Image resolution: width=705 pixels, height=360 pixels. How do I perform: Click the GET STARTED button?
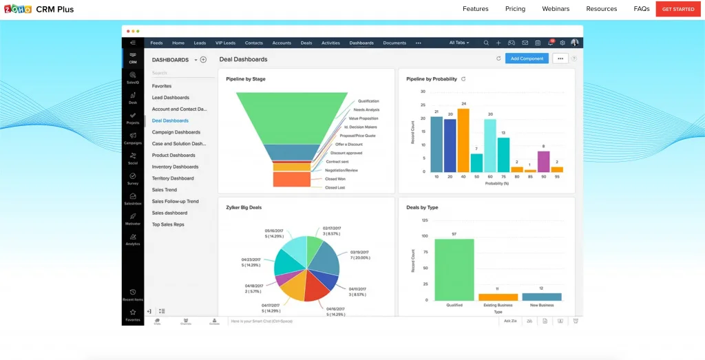[x=677, y=9]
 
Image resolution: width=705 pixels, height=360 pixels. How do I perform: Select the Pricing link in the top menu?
[x=515, y=9]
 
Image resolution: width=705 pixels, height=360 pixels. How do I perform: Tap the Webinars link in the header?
[x=556, y=9]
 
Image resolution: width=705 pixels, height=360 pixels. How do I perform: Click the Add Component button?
[x=527, y=59]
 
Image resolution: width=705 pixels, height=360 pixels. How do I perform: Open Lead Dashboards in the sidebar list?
[x=171, y=98]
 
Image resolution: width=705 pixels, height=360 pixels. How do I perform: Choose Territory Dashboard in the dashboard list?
[x=173, y=178]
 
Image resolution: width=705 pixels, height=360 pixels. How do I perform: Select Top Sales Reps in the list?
[x=168, y=224]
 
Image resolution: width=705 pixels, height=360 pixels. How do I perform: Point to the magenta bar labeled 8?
[x=543, y=161]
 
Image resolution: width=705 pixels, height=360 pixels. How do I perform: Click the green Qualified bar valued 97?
[x=454, y=269]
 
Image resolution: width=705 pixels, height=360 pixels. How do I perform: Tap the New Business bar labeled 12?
[x=541, y=297]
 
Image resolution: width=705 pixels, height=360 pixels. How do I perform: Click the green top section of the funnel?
[x=292, y=117]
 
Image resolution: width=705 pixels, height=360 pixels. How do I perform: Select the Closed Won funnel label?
[x=335, y=179]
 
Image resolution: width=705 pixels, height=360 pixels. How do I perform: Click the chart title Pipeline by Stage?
[x=246, y=79]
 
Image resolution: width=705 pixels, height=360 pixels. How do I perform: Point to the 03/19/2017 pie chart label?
[x=360, y=252]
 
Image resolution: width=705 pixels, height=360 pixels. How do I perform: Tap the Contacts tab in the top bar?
[x=254, y=43]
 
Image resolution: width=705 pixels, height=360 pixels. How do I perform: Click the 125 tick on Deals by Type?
[x=424, y=220]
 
